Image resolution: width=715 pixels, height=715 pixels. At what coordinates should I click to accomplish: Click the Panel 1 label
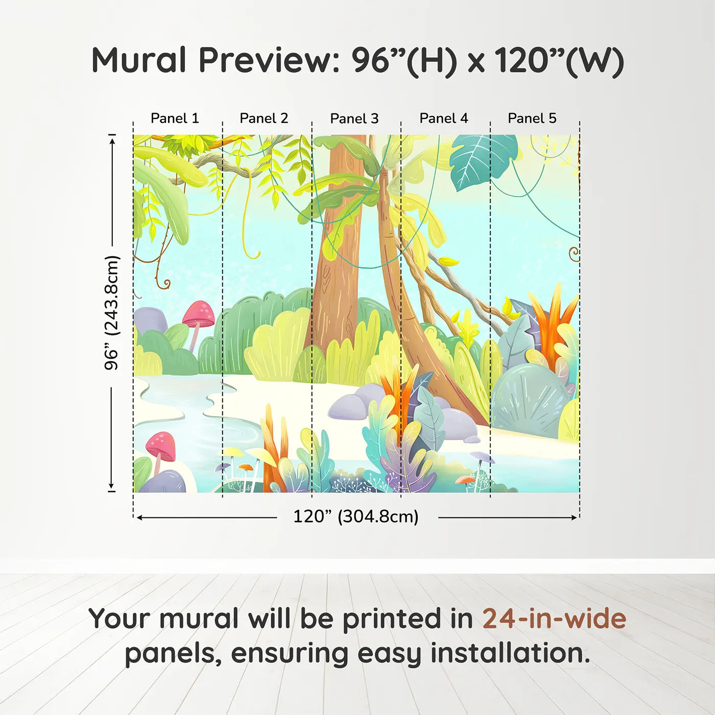coord(175,118)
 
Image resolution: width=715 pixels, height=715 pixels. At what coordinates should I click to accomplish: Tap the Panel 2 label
coord(264,118)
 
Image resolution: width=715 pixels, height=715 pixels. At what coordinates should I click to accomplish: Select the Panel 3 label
coord(354,118)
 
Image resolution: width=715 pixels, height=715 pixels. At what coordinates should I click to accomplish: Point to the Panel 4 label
coord(444,118)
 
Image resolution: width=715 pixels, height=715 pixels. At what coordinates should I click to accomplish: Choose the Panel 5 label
coord(532,118)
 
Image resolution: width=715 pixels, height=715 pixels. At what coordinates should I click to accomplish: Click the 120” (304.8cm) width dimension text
coord(356,516)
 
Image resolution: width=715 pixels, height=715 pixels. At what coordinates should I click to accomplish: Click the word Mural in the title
coord(139,60)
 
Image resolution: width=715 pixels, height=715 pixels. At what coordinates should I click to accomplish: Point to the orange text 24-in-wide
coord(554,618)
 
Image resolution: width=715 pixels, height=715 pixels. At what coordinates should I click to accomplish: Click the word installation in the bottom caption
coord(510,653)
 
